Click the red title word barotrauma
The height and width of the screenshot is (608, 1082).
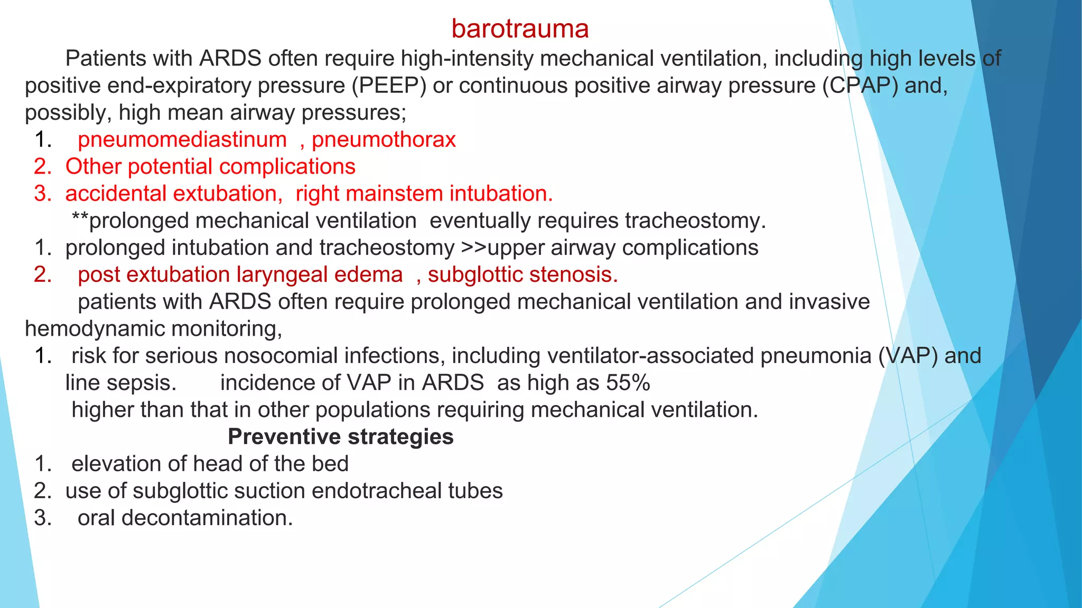tap(520, 29)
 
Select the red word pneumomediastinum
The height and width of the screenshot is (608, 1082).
tap(182, 140)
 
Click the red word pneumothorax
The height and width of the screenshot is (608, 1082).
tap(384, 140)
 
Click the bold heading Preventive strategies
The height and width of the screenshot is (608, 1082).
tap(340, 437)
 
